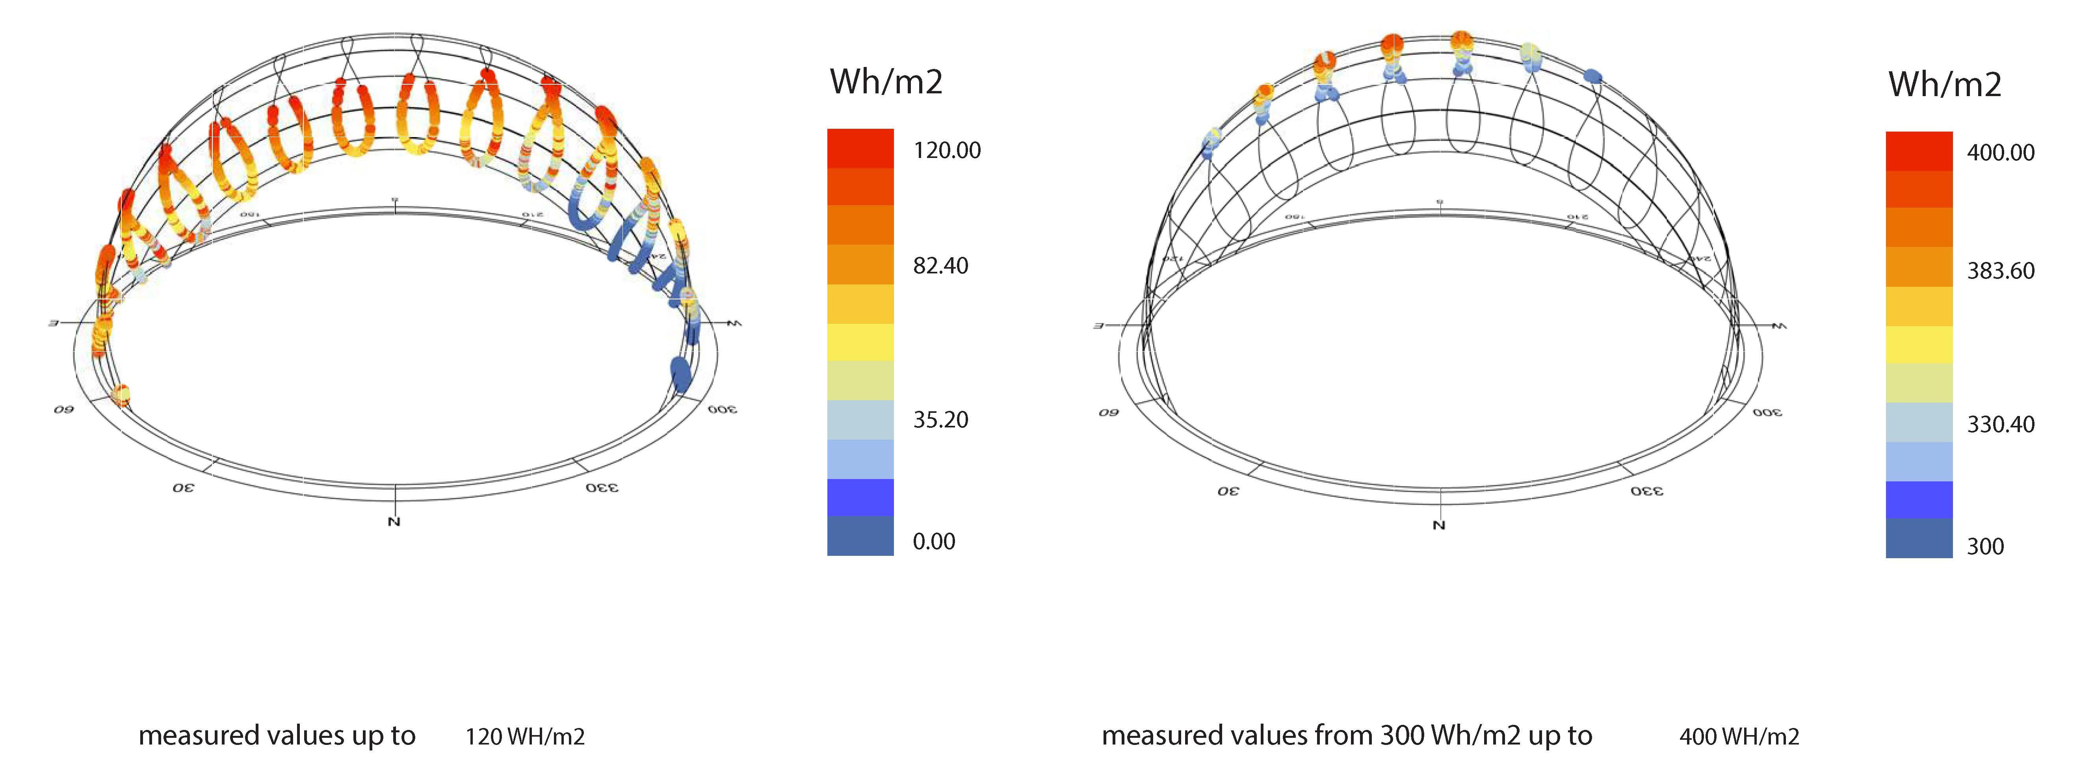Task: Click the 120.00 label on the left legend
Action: (946, 150)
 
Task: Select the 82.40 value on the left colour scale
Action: (940, 266)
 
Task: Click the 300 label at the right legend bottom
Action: (1985, 546)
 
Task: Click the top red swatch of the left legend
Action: (860, 148)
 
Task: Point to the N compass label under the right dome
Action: (1439, 525)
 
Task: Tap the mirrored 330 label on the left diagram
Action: (602, 488)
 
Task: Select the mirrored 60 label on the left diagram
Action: (63, 409)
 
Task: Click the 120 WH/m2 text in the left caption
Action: (524, 737)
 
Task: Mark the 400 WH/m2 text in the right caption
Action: (1739, 737)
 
